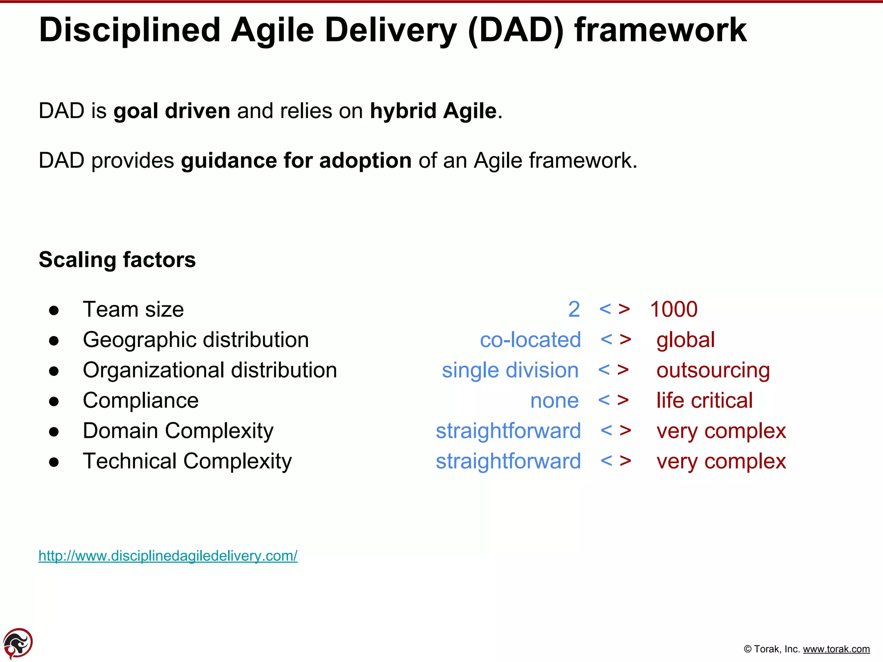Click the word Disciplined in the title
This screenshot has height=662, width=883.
click(x=130, y=30)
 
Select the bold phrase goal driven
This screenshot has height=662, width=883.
click(x=172, y=111)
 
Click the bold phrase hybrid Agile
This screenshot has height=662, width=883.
click(x=433, y=111)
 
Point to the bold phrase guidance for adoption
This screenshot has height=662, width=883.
click(x=296, y=160)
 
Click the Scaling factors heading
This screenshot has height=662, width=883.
click(x=117, y=259)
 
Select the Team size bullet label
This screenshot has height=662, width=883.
click(x=133, y=309)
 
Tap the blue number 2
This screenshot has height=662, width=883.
click(x=574, y=309)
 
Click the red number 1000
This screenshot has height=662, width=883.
click(x=673, y=309)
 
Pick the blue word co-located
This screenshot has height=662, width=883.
click(x=530, y=340)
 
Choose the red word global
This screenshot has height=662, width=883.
click(x=686, y=340)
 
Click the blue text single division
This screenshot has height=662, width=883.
click(x=510, y=370)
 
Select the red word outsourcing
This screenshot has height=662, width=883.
click(x=713, y=370)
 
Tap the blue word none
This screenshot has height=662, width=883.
click(x=554, y=400)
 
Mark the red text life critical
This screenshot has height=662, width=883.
click(x=705, y=400)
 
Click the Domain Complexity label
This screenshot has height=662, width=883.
click(x=178, y=431)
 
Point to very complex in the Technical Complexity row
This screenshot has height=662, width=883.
click(x=721, y=461)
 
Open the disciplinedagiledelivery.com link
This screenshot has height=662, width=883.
click(x=168, y=556)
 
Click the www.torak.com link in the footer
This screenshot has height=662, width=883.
click(x=836, y=649)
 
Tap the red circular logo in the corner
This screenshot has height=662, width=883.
click(x=18, y=643)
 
